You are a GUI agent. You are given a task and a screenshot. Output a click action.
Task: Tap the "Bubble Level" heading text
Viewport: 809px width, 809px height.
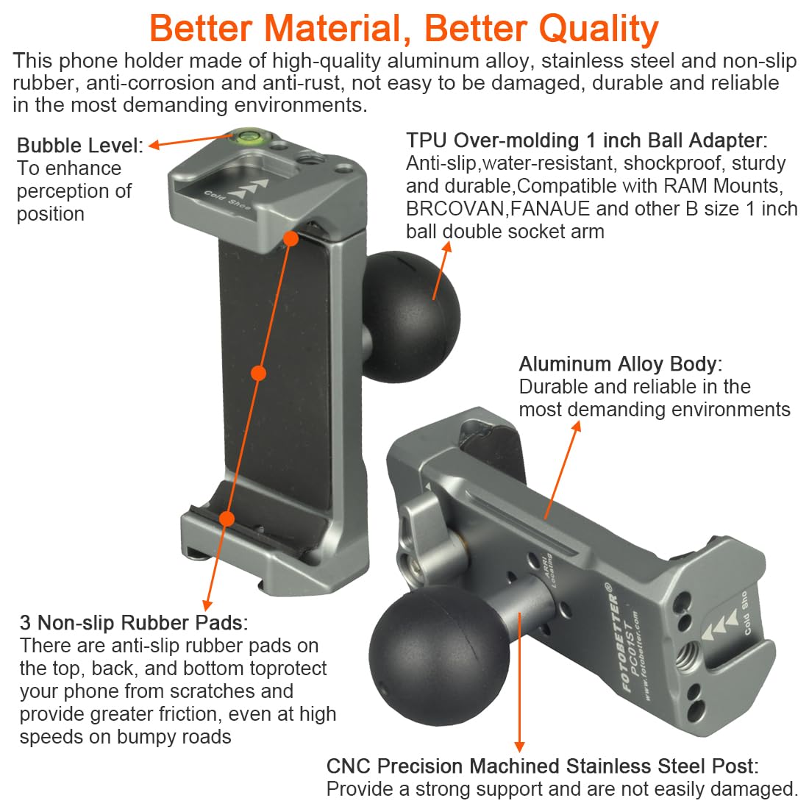pyautogui.click(x=78, y=146)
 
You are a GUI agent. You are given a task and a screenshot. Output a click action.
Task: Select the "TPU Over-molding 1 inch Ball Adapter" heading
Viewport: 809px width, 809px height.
pyautogui.click(x=586, y=140)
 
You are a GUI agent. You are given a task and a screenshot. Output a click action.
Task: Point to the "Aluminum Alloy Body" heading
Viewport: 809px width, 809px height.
pyautogui.click(x=620, y=364)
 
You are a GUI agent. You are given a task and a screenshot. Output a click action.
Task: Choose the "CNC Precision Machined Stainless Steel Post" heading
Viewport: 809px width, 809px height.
pyautogui.click(x=542, y=766)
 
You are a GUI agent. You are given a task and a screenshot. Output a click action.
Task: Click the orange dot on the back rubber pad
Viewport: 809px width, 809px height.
pyautogui.click(x=258, y=374)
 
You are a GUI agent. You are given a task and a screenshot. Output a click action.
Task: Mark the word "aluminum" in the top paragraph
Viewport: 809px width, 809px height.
pyautogui.click(x=431, y=60)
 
